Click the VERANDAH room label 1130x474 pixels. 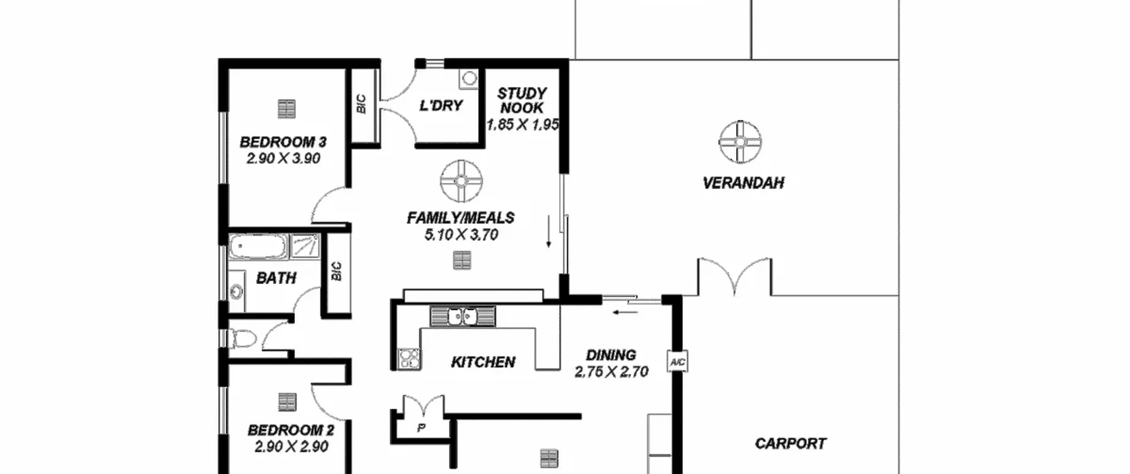(x=743, y=183)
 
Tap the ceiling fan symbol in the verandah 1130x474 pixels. (x=740, y=142)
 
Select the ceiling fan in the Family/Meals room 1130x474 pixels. (x=461, y=181)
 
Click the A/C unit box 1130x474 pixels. (x=677, y=362)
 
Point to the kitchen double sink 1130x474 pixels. (x=462, y=316)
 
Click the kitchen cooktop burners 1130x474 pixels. (x=409, y=358)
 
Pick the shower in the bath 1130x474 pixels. (x=305, y=246)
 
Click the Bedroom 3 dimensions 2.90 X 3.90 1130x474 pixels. (x=283, y=158)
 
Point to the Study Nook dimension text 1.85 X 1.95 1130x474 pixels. (x=522, y=125)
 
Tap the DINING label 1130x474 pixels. (x=611, y=355)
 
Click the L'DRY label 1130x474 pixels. (x=441, y=106)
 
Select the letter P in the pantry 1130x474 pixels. (x=421, y=427)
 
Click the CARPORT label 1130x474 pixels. (x=791, y=444)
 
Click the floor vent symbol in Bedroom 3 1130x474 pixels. (x=286, y=109)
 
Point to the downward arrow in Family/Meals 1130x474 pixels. (x=549, y=231)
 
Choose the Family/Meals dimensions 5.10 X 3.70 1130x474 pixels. (x=461, y=235)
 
